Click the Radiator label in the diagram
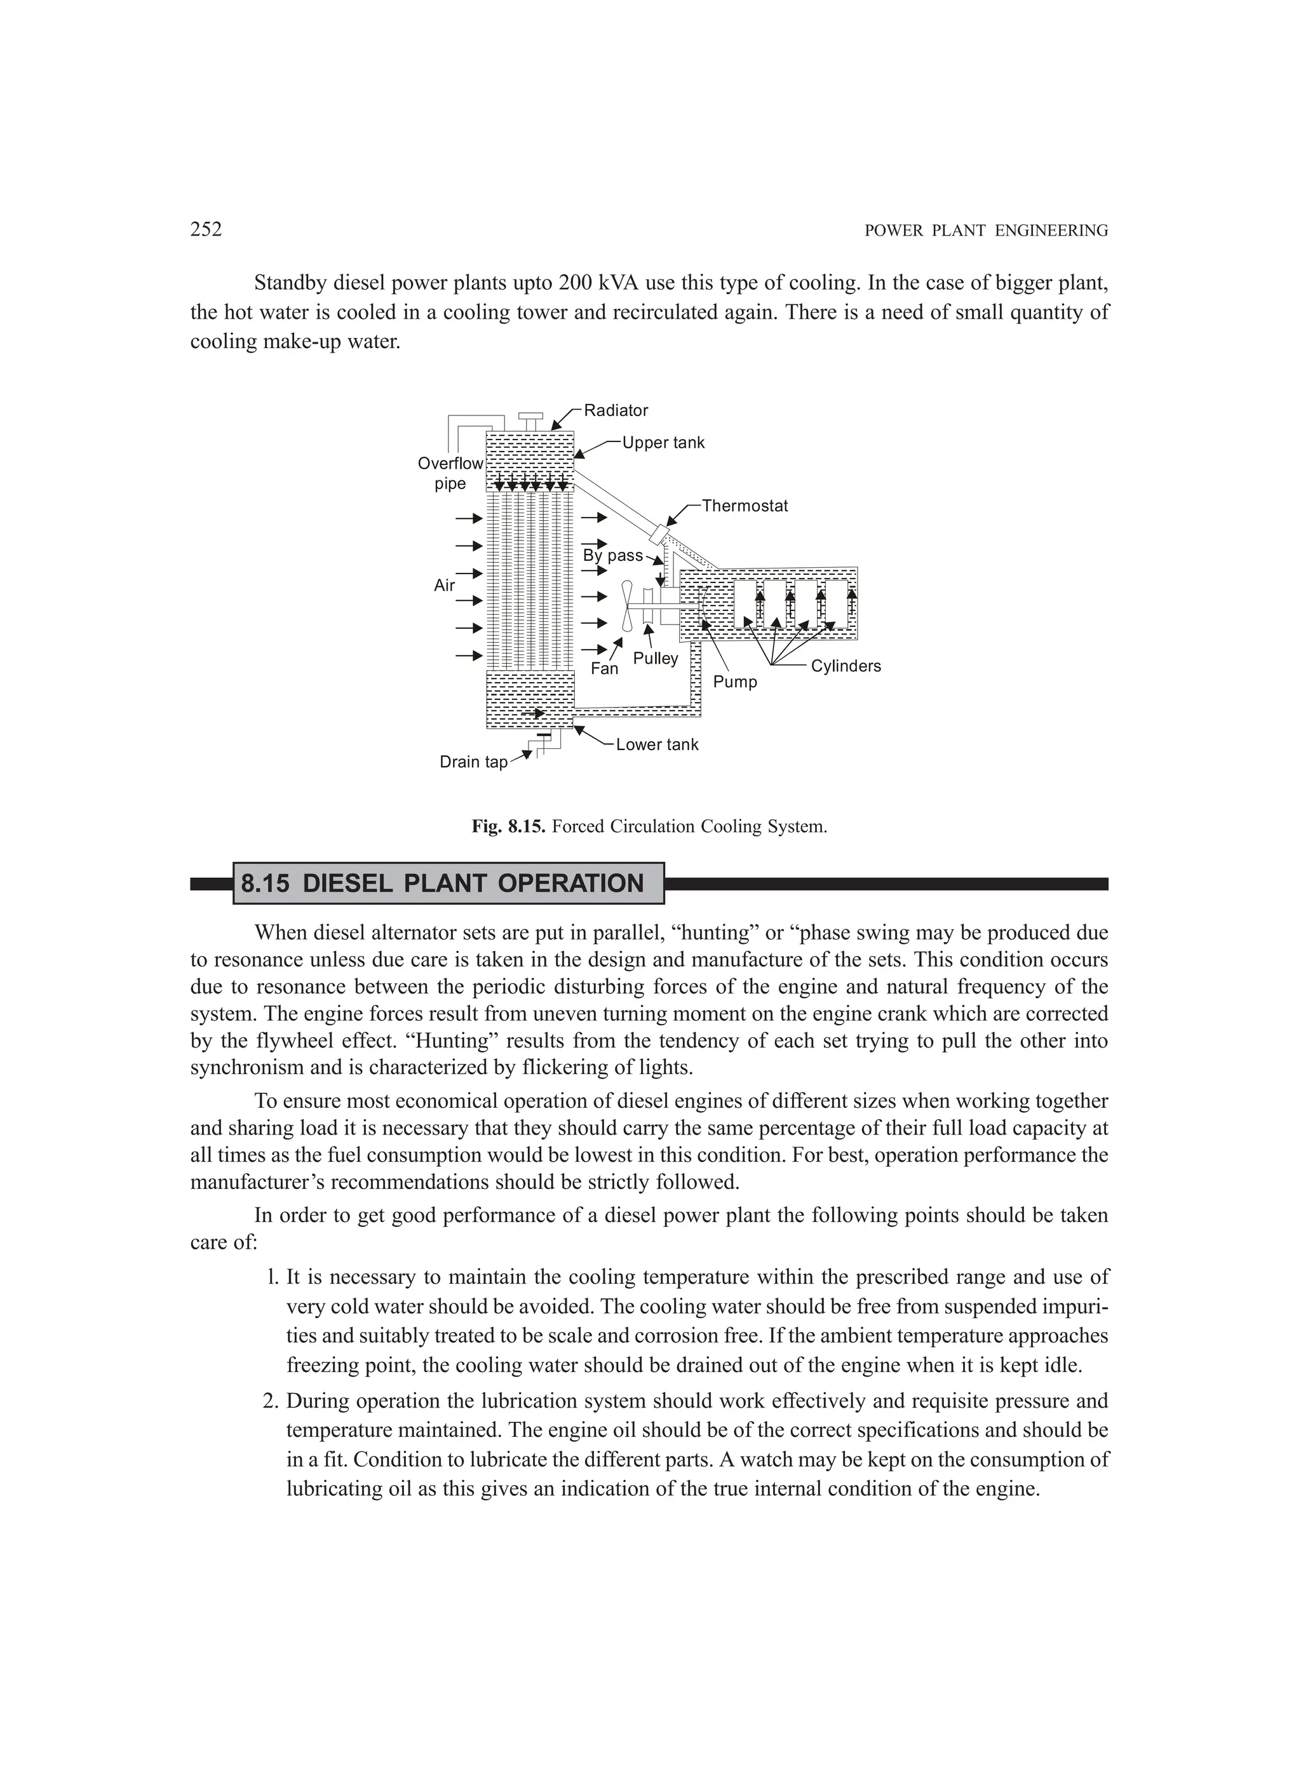pyautogui.click(x=616, y=410)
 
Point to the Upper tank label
pyautogui.click(x=663, y=443)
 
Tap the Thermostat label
pyautogui.click(x=745, y=506)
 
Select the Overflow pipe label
pyautogui.click(x=450, y=474)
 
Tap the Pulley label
pyautogui.click(x=655, y=658)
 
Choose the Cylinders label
pyautogui.click(x=846, y=666)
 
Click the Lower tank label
pyautogui.click(x=657, y=745)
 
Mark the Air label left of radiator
pyautogui.click(x=445, y=586)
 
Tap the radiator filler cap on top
pyautogui.click(x=530, y=417)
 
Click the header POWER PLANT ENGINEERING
pyautogui.click(x=986, y=231)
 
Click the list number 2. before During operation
pyautogui.click(x=271, y=1401)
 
